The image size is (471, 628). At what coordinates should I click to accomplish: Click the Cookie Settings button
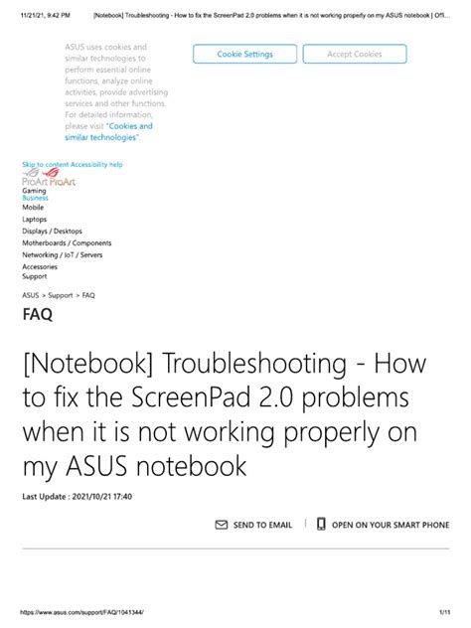click(x=244, y=55)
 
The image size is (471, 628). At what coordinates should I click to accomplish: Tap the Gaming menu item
click(x=34, y=190)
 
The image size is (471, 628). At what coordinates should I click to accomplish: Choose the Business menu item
click(x=35, y=198)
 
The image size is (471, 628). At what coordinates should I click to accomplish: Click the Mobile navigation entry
click(x=33, y=208)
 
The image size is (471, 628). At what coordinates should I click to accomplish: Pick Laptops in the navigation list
click(x=35, y=220)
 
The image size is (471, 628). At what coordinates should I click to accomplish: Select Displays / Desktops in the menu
click(x=52, y=232)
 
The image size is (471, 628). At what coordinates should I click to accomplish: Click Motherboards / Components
click(x=67, y=243)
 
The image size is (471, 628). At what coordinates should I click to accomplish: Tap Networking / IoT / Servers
click(x=62, y=255)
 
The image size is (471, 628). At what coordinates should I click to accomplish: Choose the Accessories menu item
click(x=40, y=266)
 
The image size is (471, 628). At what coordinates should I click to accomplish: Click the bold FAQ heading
click(x=38, y=316)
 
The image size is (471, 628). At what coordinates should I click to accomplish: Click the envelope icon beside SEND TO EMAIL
click(x=222, y=525)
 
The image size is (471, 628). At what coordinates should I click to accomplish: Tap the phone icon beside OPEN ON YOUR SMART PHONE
click(x=321, y=525)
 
